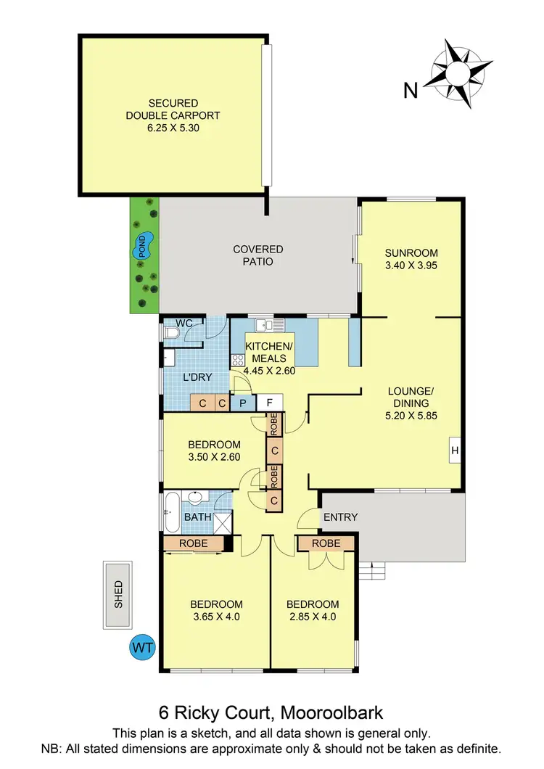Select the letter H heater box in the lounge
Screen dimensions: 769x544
455,451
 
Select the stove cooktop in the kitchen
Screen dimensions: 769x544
238,359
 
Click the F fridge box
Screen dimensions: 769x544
269,403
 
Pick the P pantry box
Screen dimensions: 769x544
243,403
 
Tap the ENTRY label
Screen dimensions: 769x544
340,517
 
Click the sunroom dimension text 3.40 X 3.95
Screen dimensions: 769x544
411,265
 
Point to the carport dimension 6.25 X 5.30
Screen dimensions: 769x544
173,127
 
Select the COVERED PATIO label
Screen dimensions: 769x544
257,255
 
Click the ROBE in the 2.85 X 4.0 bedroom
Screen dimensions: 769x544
325,543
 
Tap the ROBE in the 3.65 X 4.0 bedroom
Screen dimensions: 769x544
193,543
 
